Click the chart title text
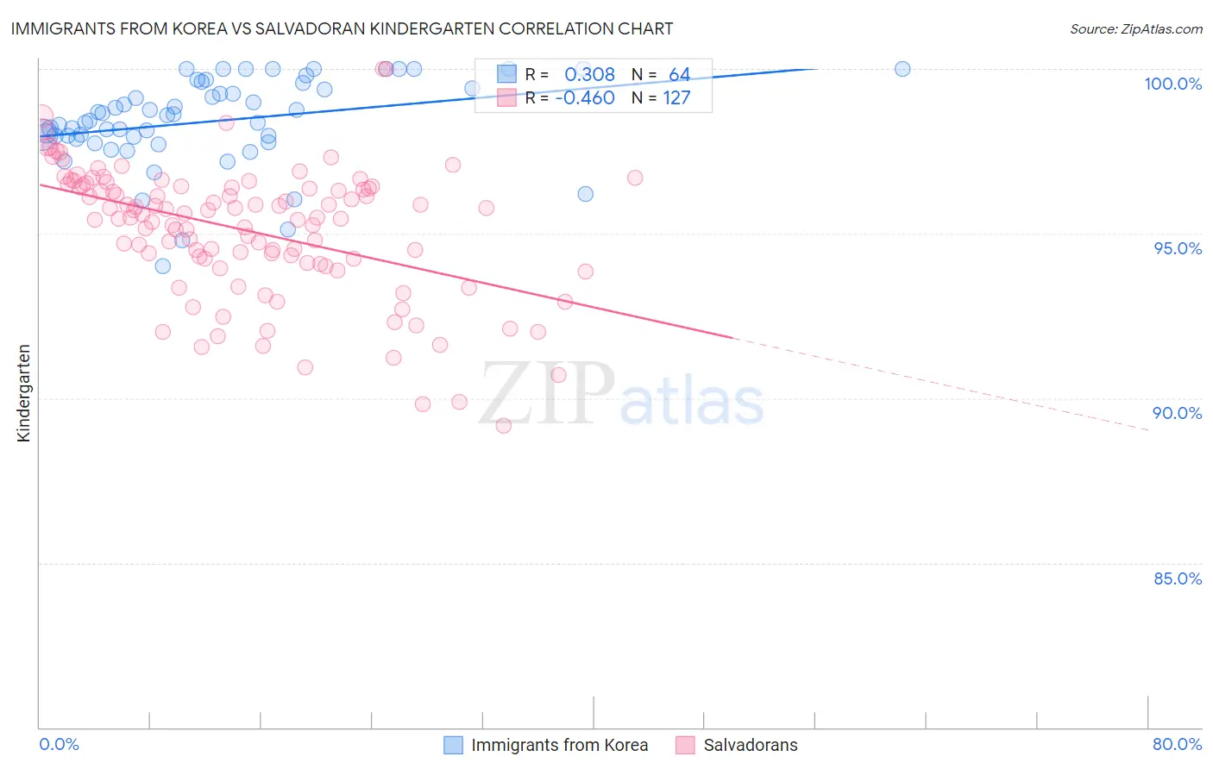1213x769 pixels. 342,28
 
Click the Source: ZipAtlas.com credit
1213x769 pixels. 1135,28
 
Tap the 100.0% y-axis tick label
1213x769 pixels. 1172,84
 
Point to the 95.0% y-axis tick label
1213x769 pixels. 1177,248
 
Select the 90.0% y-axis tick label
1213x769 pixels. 1177,413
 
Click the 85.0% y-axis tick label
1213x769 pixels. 1177,578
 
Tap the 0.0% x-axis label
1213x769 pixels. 59,744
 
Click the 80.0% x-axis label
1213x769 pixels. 1177,744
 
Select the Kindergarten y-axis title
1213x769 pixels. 23,393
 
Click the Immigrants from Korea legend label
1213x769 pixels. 559,745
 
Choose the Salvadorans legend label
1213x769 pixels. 751,745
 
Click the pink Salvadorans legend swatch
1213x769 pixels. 685,745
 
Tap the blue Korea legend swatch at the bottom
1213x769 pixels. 454,745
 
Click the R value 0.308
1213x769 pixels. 589,75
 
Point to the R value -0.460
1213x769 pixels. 585,97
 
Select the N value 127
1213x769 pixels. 676,97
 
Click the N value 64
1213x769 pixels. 679,75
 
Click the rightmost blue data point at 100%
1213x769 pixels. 902,69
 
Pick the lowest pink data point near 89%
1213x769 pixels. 504,425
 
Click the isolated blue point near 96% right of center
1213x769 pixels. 585,194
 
